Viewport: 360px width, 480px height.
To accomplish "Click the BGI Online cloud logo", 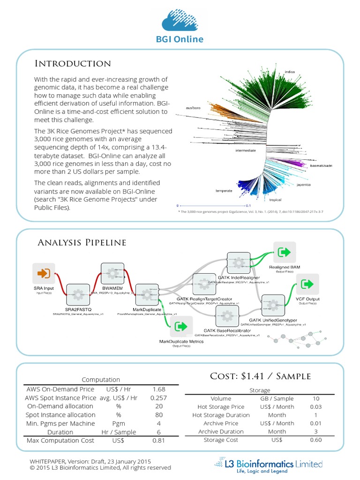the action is point(180,21).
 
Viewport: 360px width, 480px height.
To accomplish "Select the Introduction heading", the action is point(73,64).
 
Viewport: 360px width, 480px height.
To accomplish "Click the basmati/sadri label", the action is point(321,165).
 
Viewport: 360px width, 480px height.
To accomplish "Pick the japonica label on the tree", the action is point(317,185).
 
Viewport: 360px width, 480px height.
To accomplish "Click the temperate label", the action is point(224,191).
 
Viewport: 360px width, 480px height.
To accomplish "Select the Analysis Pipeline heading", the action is point(82,242).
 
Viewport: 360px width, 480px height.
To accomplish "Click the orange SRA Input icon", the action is point(44,273).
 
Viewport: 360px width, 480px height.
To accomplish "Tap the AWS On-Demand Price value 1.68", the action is point(159,389).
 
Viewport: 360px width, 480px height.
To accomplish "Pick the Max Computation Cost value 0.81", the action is point(159,441).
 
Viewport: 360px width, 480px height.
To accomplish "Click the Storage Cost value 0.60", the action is point(315,440).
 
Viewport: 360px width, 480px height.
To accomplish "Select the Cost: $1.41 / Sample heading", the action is point(260,376).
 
